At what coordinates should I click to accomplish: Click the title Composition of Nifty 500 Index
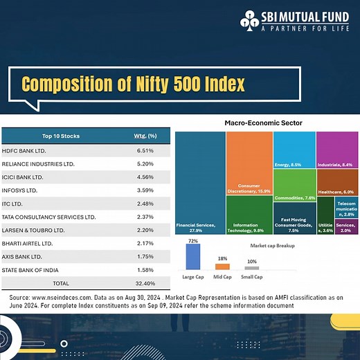point(133,84)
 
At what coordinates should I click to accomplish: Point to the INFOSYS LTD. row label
point(28,190)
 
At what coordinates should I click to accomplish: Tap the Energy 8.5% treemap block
point(294,148)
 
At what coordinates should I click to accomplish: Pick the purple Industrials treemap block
point(337,148)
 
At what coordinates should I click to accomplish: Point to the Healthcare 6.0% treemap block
point(337,182)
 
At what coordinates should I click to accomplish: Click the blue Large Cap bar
point(193,257)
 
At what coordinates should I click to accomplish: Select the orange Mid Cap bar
point(222,267)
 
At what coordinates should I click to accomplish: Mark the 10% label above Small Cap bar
point(251,262)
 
